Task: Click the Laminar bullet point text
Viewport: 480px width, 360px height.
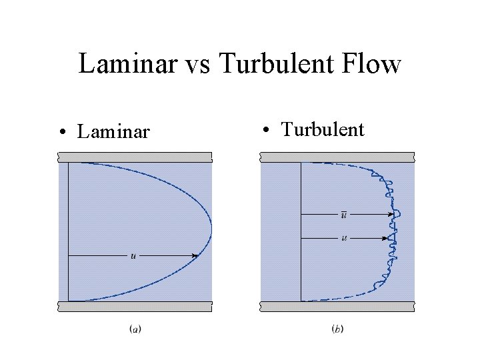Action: [113, 131]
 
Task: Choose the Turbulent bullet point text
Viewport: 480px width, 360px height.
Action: [323, 129]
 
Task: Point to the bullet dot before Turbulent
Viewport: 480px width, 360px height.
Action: [266, 130]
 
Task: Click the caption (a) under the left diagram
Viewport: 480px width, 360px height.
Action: [135, 329]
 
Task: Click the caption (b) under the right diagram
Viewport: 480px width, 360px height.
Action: [337, 329]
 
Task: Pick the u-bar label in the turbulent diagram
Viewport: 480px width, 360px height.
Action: [344, 214]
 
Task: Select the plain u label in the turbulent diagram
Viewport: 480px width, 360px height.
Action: [344, 238]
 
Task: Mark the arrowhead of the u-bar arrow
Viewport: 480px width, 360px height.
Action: [390, 214]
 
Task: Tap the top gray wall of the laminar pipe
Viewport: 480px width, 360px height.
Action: [135, 157]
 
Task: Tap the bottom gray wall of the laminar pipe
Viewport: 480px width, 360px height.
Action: [135, 307]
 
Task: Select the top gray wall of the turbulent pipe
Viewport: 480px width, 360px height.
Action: [337, 157]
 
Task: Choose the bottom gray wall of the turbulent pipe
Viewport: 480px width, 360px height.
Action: [337, 307]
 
